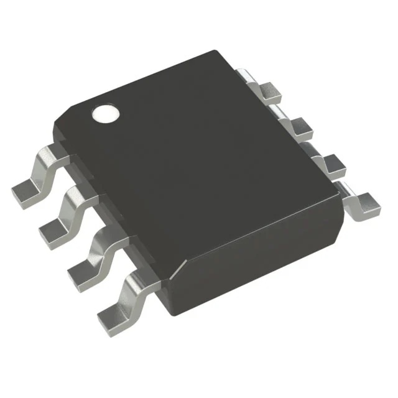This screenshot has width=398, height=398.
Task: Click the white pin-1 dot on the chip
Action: [104, 114]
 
